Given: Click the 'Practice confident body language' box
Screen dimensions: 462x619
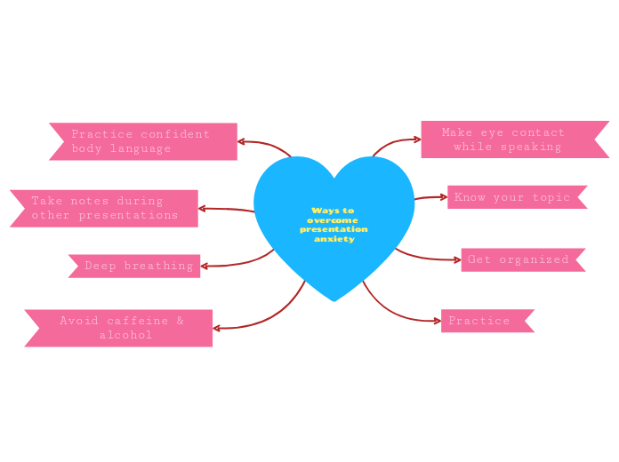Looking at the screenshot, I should (143, 141).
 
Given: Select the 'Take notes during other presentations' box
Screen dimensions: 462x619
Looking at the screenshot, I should (105, 208).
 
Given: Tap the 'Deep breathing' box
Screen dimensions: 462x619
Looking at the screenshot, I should (135, 266).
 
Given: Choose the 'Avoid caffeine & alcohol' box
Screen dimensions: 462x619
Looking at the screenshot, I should (120, 328).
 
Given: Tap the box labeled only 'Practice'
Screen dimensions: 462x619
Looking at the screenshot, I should (485, 321).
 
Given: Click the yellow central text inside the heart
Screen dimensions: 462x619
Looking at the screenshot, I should (334, 225).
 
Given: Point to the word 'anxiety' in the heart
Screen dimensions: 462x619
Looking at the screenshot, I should (334, 239).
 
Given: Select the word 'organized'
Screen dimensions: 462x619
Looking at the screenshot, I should (534, 259).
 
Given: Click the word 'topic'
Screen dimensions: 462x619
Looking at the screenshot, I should (551, 197).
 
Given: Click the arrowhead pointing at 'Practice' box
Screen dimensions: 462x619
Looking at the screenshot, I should (437, 320).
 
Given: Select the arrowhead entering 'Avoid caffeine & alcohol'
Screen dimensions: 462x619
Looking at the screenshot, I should (217, 329).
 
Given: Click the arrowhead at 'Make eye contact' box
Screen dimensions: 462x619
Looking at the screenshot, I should (417, 139).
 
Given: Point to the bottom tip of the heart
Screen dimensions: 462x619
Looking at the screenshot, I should (334, 301).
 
